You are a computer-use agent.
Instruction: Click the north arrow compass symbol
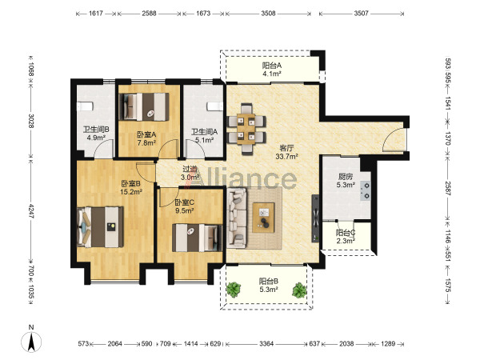point(31,342)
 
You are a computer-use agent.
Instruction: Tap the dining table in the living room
point(246,129)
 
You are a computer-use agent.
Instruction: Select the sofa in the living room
point(237,218)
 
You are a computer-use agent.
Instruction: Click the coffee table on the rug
point(263,218)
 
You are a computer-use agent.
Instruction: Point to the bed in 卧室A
point(143,106)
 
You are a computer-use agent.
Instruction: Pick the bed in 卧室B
point(101,227)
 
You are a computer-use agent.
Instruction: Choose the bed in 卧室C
point(197,238)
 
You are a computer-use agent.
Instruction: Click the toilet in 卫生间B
point(85,106)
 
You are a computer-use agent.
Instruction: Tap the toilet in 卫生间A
point(215,106)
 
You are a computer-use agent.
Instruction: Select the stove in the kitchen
point(366,190)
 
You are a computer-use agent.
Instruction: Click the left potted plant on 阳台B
point(234,290)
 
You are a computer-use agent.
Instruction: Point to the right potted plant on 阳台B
point(299,290)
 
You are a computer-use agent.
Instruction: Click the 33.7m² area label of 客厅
point(287,157)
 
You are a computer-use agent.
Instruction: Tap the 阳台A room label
point(272,66)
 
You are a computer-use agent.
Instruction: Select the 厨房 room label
point(346,177)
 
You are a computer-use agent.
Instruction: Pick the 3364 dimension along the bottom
point(266,344)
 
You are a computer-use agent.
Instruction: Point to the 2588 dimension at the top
point(149,13)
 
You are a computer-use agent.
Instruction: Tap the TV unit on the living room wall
point(315,218)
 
